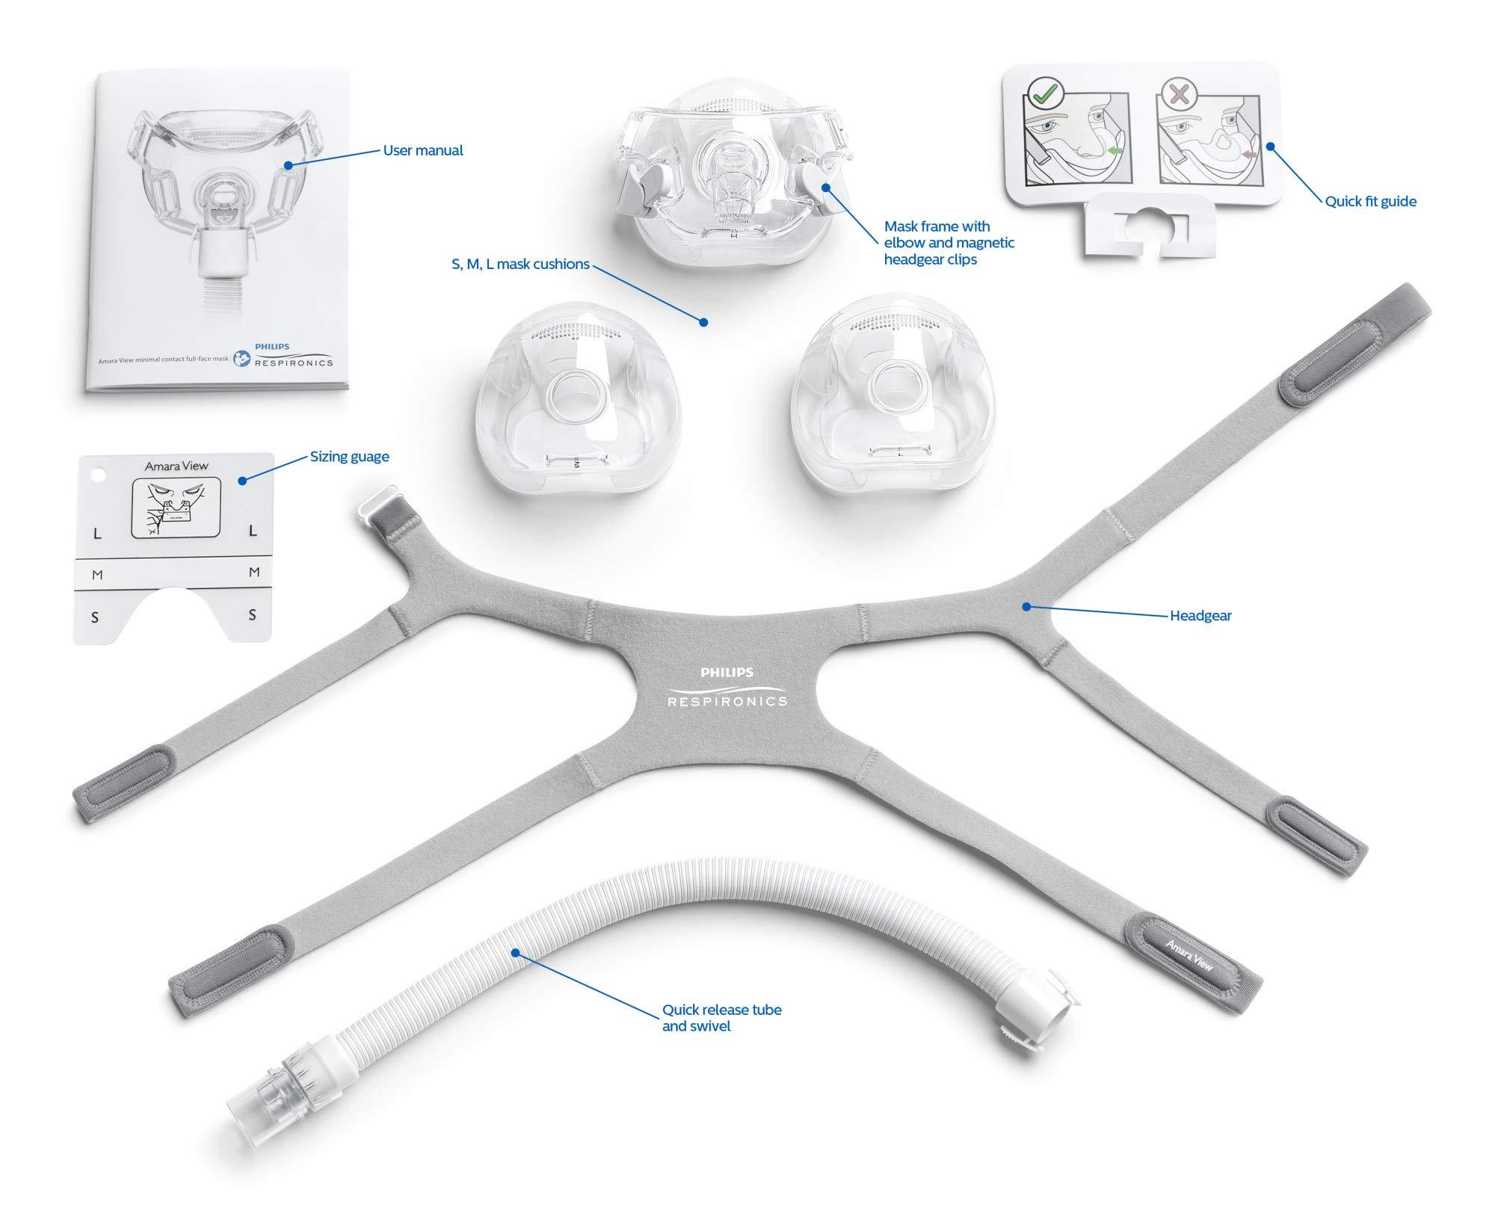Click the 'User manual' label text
[422, 150]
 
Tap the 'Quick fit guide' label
[1370, 201]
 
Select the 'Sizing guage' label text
[349, 457]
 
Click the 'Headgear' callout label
[1200, 616]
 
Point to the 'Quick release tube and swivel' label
[721, 1017]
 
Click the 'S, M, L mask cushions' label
[520, 264]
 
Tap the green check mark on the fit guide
[1040, 95]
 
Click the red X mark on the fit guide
[1180, 94]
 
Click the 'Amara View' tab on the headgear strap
[1189, 954]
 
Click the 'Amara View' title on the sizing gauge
[176, 466]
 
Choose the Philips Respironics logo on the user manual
[283, 356]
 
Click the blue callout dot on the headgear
[1027, 607]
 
